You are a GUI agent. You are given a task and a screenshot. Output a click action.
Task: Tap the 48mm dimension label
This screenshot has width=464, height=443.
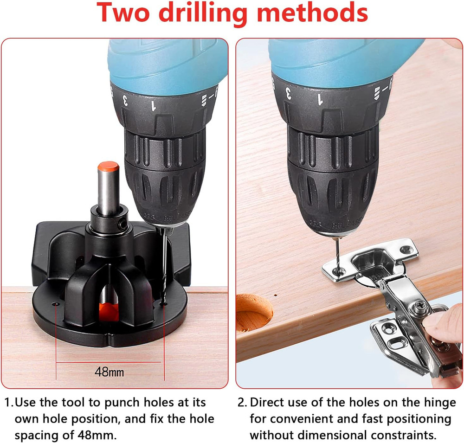pos(110,372)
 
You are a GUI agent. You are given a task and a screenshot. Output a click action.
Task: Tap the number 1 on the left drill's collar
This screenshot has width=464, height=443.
pos(154,106)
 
